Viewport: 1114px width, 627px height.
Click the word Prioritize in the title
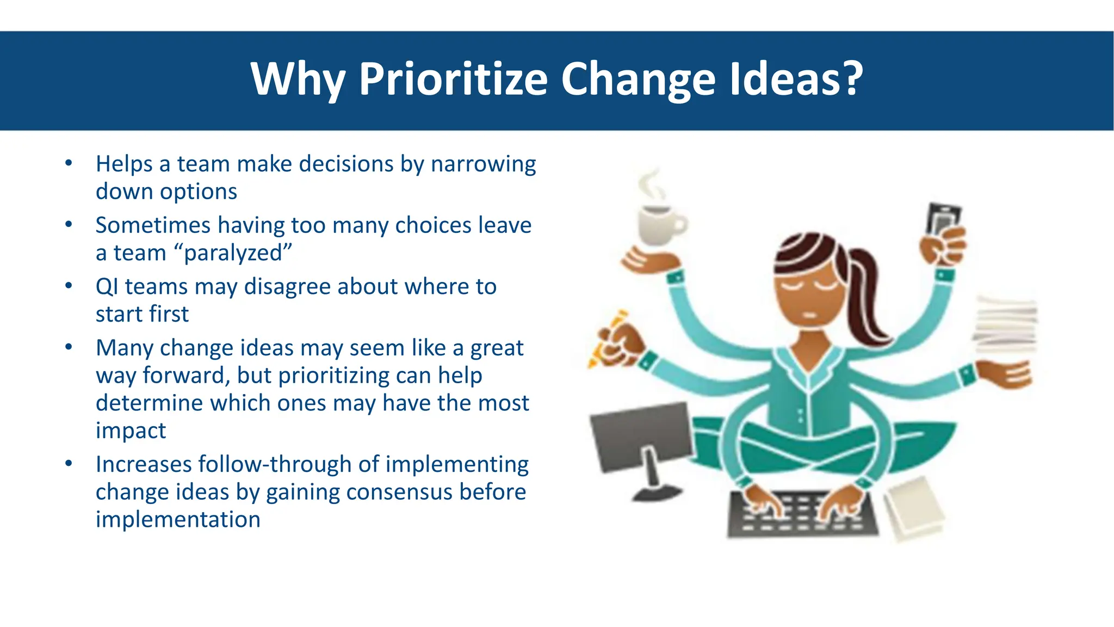[453, 79]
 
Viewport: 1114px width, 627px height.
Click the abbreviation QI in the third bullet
[107, 287]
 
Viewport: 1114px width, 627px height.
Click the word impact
[131, 431]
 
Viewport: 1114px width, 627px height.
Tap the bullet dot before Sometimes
[69, 224]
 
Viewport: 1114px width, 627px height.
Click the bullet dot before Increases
[69, 463]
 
